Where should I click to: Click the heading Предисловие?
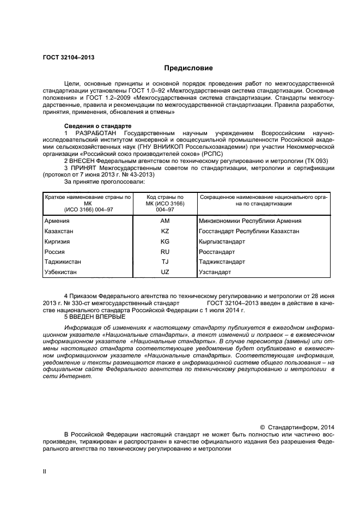point(189,68)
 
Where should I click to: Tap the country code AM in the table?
point(165,221)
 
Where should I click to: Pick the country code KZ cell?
point(165,231)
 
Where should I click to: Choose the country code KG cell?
point(165,241)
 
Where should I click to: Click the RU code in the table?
point(165,252)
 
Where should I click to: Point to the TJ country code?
point(165,262)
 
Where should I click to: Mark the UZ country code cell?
point(165,272)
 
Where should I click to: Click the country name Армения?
point(57,221)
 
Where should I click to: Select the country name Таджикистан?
point(63,262)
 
